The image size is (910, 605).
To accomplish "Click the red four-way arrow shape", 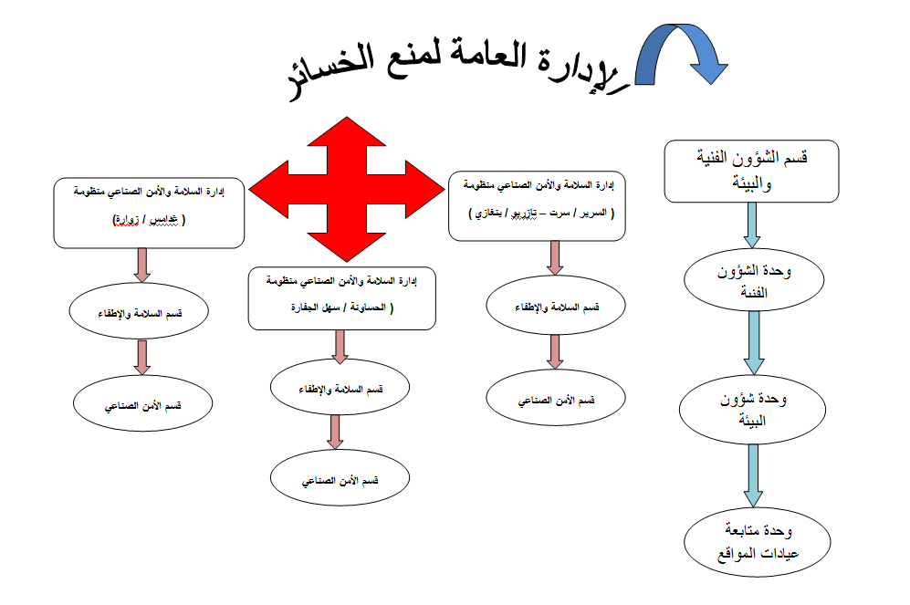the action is click(347, 189).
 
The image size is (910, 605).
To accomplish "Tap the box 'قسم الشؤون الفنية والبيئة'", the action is click(751, 172).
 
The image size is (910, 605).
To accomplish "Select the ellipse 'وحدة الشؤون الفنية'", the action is click(754, 280).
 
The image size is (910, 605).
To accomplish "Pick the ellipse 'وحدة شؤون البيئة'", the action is click(752, 410).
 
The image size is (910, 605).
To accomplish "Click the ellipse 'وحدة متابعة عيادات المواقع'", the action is click(758, 542).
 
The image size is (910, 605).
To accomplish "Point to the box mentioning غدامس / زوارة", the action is click(149, 213).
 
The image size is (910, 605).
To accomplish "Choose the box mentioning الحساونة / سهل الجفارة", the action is click(342, 298).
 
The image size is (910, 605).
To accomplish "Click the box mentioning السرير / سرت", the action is click(537, 206).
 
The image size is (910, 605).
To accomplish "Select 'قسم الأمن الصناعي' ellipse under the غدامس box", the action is click(142, 403).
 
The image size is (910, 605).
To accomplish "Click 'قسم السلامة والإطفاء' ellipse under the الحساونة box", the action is click(340, 387).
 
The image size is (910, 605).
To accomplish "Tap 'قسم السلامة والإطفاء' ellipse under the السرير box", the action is click(556, 305).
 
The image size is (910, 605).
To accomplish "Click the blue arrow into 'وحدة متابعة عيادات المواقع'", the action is click(753, 476).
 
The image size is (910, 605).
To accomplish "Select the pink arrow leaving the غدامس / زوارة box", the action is click(142, 266).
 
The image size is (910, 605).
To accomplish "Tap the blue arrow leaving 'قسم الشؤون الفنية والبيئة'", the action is click(752, 225).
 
